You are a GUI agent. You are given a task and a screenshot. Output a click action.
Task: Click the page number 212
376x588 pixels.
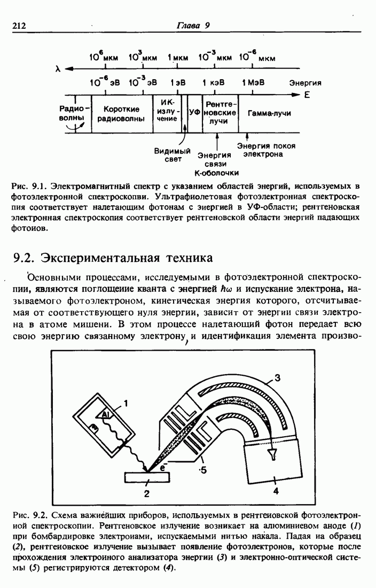coord(19,26)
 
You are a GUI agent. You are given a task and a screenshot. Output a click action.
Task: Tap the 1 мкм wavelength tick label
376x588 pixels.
coord(177,58)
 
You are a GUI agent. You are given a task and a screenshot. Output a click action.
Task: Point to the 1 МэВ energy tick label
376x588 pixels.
coord(253,82)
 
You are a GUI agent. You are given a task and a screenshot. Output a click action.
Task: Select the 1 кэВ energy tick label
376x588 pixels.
coord(214,82)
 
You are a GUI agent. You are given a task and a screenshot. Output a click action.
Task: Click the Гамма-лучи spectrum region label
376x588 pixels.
coord(269,113)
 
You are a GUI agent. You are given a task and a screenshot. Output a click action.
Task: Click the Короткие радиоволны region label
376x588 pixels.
coord(121,114)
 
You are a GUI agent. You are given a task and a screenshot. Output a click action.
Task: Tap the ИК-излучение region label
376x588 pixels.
coord(167,110)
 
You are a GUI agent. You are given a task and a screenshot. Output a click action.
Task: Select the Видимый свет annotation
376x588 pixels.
coord(173,155)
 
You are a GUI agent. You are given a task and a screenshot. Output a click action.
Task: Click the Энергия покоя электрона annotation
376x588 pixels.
coord(266,150)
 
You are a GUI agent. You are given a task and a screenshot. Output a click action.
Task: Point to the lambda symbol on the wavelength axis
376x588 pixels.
coord(58,68)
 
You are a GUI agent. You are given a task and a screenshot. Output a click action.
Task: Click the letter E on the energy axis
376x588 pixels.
coord(307,95)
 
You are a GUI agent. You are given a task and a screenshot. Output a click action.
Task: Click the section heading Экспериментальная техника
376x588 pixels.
coord(113,258)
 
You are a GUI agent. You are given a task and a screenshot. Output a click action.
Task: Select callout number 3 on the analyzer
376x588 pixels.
coord(278,378)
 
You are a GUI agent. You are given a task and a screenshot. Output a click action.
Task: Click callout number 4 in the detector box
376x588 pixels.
coord(276,490)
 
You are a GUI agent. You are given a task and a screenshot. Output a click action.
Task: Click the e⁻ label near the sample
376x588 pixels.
coord(163,467)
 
